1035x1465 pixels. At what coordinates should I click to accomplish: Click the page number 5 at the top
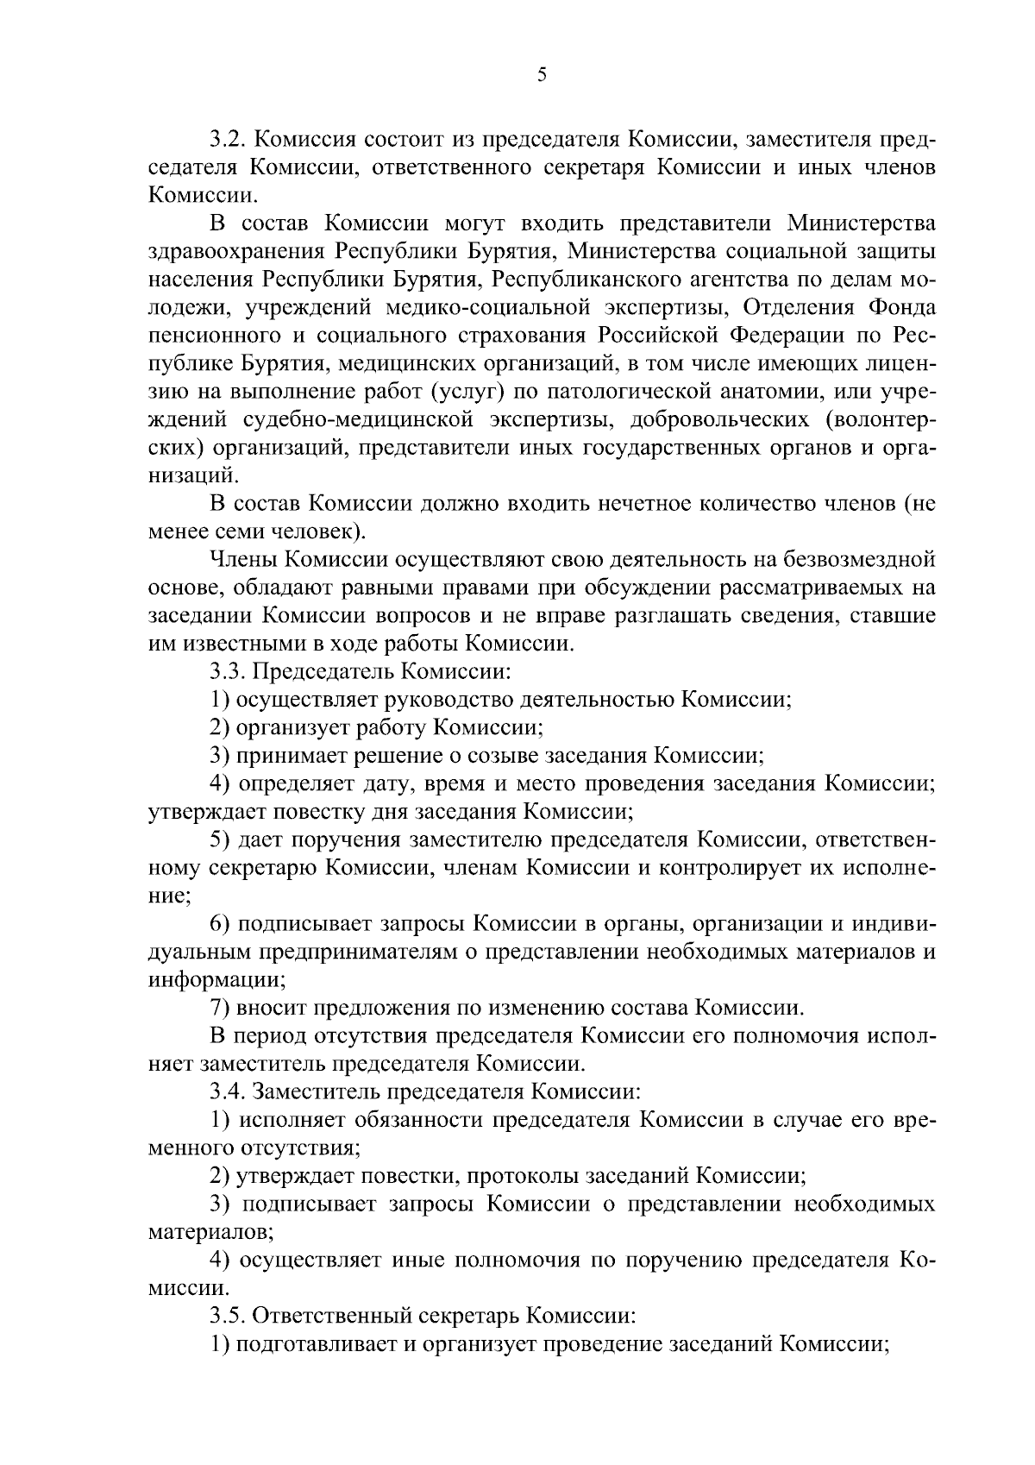click(x=542, y=75)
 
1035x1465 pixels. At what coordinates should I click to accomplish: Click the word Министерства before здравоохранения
click(x=862, y=223)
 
